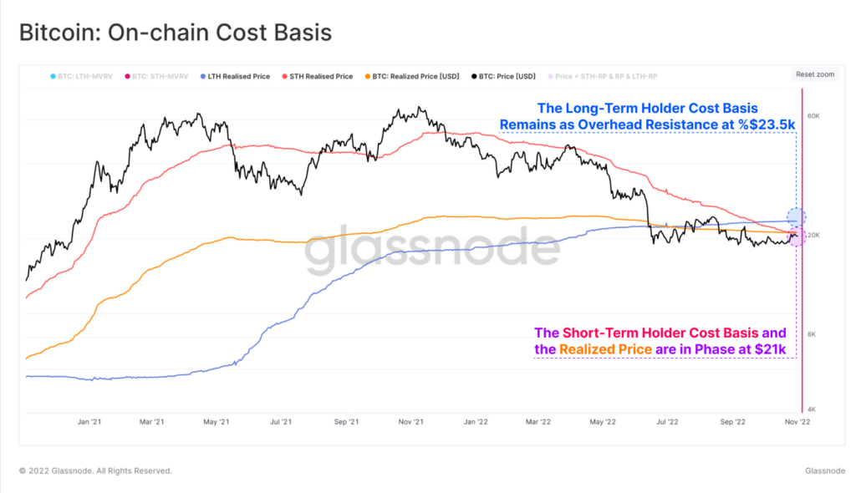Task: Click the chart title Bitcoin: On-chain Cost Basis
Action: click(176, 33)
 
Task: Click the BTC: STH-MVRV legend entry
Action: click(156, 76)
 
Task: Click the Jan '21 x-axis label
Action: click(89, 423)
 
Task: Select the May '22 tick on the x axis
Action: click(602, 423)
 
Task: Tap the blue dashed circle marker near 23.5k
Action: click(796, 217)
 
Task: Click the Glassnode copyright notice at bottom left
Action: click(96, 471)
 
